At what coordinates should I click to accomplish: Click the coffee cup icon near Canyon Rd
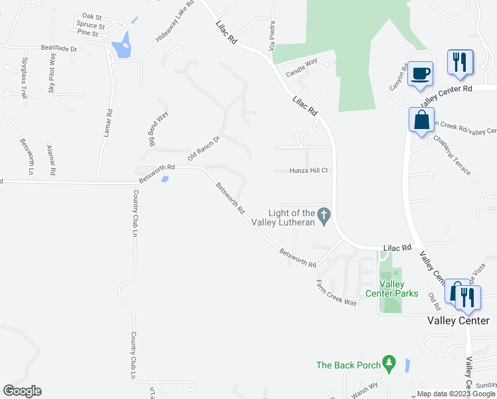pos(420,72)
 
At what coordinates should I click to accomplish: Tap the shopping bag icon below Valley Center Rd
pos(421,120)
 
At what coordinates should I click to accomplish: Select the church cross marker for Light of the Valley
pos(324,215)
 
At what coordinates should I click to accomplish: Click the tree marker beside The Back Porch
pos(389,364)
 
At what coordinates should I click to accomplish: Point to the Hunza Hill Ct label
pos(309,170)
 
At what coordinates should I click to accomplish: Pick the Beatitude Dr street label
pos(59,49)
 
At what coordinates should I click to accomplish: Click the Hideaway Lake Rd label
pos(175,22)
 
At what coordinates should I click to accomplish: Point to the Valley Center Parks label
pos(392,289)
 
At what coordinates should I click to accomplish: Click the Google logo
pos(22,391)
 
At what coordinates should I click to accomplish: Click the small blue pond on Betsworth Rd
pos(164,178)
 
